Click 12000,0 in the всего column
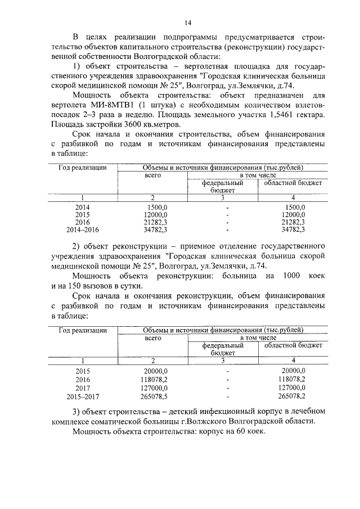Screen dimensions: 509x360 pyautogui.click(x=155, y=214)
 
